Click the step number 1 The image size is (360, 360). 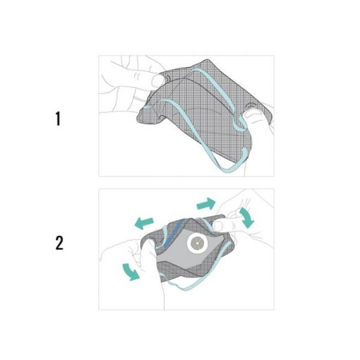58,119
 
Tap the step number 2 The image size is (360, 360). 59,243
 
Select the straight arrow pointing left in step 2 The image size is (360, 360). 144,223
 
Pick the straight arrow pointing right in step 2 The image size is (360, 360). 206,203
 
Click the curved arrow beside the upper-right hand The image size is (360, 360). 246,217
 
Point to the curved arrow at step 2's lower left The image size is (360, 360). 131,272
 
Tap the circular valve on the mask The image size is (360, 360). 198,243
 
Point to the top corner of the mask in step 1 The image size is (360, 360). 207,59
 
